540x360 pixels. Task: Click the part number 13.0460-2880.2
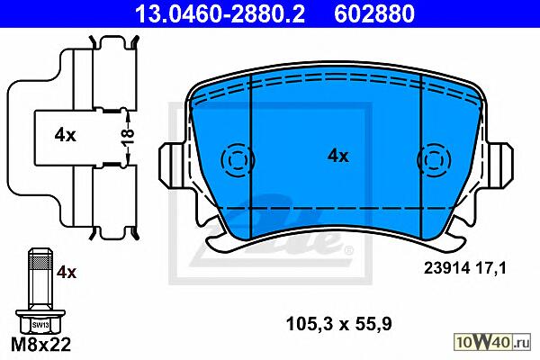pyautogui.click(x=220, y=14)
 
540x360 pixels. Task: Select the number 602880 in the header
pyautogui.click(x=374, y=14)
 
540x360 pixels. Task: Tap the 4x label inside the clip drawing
pyautogui.click(x=65, y=135)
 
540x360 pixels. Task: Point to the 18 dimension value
pyautogui.click(x=128, y=138)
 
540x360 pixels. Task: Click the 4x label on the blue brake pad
pyautogui.click(x=337, y=156)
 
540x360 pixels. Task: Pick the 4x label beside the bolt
pyautogui.click(x=67, y=272)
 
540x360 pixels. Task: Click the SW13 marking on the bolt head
pyautogui.click(x=40, y=325)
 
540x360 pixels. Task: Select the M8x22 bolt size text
pyautogui.click(x=41, y=344)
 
